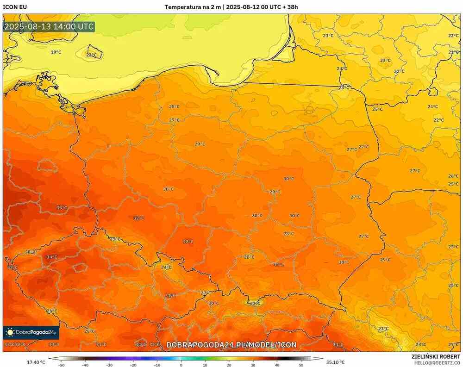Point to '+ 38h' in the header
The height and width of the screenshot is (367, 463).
click(288, 7)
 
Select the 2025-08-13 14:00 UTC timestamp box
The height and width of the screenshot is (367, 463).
click(49, 26)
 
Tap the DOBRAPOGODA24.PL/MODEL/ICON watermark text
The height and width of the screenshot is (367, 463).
click(231, 345)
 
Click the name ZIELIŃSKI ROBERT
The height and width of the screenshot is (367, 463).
click(436, 356)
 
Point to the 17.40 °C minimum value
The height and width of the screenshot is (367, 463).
click(36, 362)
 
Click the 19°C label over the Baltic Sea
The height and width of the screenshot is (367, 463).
click(56, 52)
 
